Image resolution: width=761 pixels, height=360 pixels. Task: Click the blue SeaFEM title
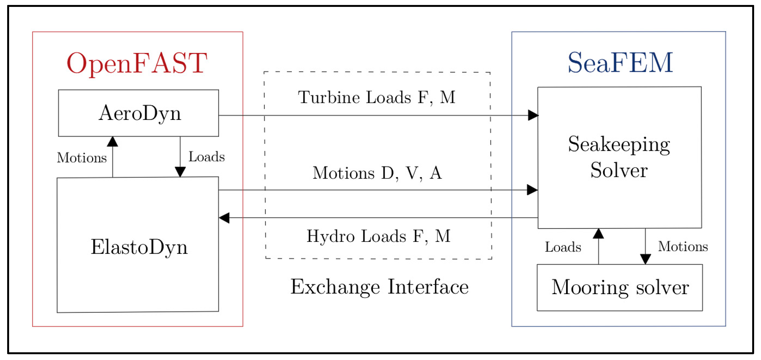[620, 63]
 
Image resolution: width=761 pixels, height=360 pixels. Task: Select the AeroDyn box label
[139, 113]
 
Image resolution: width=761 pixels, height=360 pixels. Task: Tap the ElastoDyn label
[139, 247]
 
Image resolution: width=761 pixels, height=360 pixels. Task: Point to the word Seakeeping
[619, 145]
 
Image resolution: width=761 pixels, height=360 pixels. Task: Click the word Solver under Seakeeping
[619, 170]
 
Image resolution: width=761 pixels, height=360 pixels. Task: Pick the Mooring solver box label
[620, 287]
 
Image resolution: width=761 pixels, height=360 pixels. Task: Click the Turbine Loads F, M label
[377, 97]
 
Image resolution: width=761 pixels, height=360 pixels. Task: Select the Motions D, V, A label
[377, 173]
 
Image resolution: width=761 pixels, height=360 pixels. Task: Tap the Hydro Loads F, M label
[378, 236]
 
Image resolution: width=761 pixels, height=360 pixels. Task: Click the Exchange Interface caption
[379, 287]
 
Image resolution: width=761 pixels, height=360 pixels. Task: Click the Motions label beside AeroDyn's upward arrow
[82, 158]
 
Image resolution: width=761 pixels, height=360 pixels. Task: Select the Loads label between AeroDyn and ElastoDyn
[206, 157]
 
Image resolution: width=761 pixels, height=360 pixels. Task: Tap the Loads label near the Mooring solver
[563, 247]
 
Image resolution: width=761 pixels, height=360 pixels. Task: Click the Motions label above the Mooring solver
[683, 246]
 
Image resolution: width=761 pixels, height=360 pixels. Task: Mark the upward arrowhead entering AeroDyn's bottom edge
[112, 142]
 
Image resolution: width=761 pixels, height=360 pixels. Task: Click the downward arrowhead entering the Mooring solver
[645, 259]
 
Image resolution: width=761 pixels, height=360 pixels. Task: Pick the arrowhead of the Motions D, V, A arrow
[532, 190]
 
